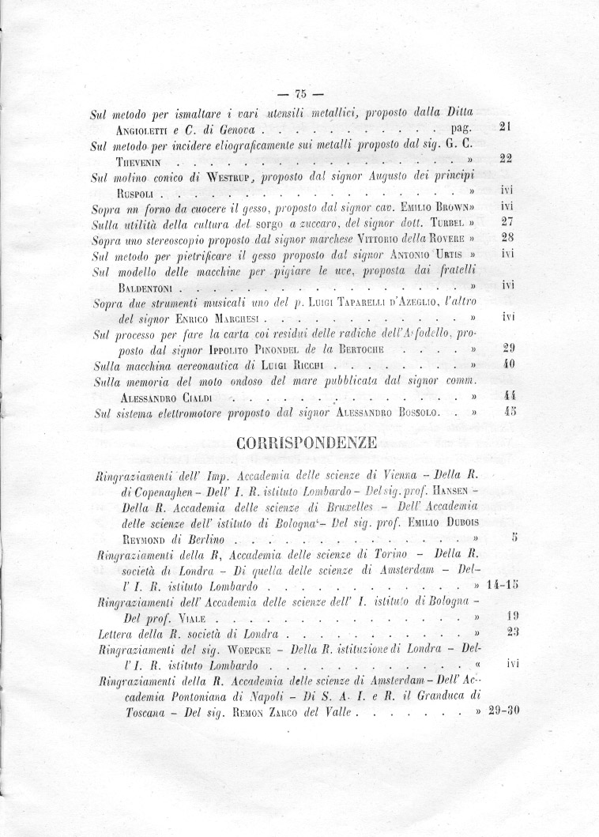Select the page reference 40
point(509,365)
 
